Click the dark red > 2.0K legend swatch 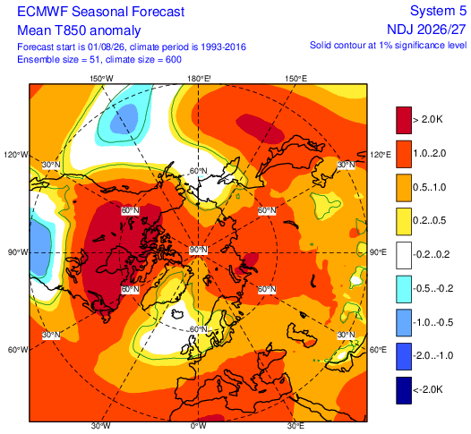pos(404,120)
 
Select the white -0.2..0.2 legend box pos(404,255)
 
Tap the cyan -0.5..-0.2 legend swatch pos(404,289)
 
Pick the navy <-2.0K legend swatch pos(404,390)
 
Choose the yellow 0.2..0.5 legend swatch pos(404,222)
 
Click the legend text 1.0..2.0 pos(430,154)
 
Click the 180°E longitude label pos(199,79)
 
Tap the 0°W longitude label pos(199,426)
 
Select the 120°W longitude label pos(16,155)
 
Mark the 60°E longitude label pos(378,350)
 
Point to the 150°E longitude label pos(296,79)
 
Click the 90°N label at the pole pos(198,250)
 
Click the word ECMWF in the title pos(42,12)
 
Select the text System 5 pos(438,11)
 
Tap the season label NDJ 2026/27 pos(427,30)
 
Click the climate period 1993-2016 pos(224,47)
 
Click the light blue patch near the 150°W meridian pos(124,119)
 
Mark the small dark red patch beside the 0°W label pos(213,418)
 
